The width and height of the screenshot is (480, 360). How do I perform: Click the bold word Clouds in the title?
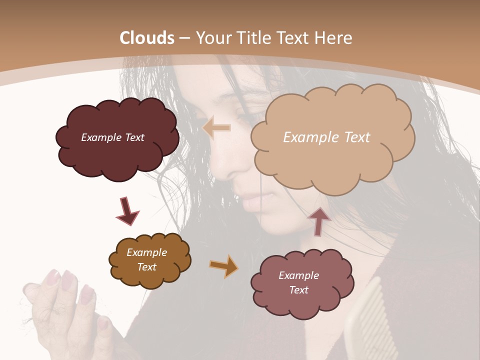click(x=147, y=38)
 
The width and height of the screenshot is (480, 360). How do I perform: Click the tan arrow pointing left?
click(x=216, y=128)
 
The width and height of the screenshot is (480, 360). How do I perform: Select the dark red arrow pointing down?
click(x=127, y=211)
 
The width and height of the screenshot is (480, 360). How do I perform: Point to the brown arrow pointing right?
click(x=223, y=266)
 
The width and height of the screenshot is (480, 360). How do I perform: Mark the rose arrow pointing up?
click(x=319, y=220)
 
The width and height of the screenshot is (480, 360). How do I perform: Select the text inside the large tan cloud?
click(x=326, y=137)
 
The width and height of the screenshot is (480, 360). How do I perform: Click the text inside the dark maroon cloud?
click(x=112, y=137)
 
